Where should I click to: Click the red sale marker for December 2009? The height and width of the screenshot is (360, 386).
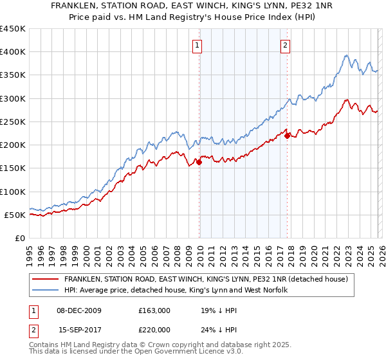pos(199,163)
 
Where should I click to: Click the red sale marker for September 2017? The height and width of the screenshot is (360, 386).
pos(287,136)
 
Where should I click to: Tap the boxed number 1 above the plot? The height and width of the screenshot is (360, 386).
pos(197,45)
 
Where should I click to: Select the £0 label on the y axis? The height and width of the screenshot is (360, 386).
pos(20,238)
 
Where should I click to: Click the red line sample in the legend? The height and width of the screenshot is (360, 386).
pos(46,279)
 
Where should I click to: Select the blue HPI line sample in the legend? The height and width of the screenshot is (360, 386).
pos(46,291)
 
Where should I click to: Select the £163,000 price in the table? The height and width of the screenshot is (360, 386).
pos(154,310)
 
